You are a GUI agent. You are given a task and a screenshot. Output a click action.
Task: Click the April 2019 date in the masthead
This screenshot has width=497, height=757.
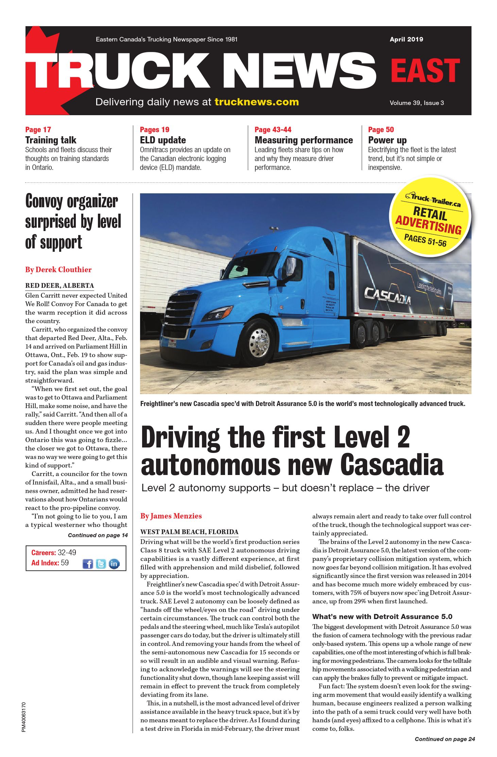(x=406, y=39)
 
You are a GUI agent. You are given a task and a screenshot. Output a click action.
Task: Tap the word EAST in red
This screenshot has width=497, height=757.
(x=425, y=71)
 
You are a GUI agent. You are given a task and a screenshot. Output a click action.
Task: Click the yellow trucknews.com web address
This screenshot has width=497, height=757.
(x=257, y=102)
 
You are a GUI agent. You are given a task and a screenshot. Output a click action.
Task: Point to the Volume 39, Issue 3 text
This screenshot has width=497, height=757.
(x=416, y=103)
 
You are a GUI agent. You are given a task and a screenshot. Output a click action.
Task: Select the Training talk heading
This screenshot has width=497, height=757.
(x=51, y=140)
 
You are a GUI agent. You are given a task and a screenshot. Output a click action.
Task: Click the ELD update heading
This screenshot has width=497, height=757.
(x=163, y=140)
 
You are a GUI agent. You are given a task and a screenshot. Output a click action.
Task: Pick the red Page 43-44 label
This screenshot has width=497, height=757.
(x=273, y=129)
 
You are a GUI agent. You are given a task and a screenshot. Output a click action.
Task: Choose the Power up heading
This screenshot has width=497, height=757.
(x=387, y=140)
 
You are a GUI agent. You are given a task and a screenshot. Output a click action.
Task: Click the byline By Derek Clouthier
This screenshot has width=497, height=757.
(x=58, y=269)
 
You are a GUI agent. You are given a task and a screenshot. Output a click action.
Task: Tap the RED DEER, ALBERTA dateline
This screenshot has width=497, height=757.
(x=59, y=285)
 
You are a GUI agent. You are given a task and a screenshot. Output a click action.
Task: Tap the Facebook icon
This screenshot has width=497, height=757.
(x=87, y=564)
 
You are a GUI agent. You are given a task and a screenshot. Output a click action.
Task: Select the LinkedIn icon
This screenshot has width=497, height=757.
(x=114, y=564)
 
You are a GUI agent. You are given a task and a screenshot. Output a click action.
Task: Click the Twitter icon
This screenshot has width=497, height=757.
(x=101, y=564)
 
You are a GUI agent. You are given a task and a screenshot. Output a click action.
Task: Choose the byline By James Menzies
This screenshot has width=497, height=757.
(x=171, y=516)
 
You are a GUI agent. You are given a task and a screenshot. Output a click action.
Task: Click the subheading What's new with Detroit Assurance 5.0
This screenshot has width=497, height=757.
(x=382, y=616)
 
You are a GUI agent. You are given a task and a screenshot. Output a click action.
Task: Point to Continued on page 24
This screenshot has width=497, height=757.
(x=445, y=739)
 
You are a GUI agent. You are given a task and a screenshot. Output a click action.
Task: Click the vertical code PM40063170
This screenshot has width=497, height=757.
(x=23, y=717)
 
